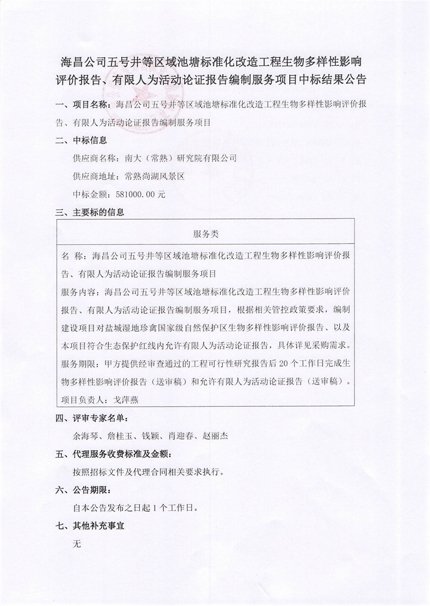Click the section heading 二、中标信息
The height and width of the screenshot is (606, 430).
tap(81, 140)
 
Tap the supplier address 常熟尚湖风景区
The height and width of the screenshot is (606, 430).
tap(155, 176)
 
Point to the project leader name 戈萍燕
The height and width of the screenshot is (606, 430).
tap(118, 400)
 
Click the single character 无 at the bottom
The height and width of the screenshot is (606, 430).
tap(77, 544)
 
